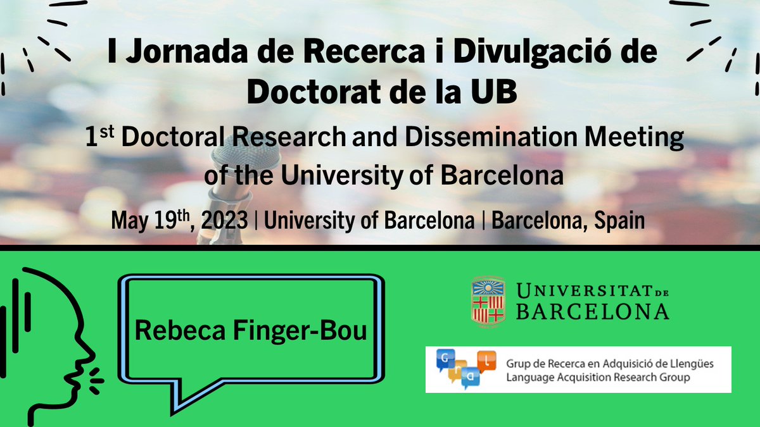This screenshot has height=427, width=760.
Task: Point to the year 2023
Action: (225, 220)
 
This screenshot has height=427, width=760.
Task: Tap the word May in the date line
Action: (129, 220)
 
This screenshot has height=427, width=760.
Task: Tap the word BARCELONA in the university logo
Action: (592, 311)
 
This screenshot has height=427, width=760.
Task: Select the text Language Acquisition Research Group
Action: (598, 377)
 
